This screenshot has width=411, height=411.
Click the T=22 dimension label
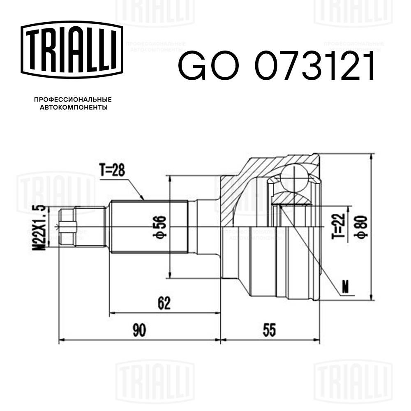338,226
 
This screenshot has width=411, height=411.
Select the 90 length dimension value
140,330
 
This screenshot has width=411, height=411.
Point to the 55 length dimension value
269,330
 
